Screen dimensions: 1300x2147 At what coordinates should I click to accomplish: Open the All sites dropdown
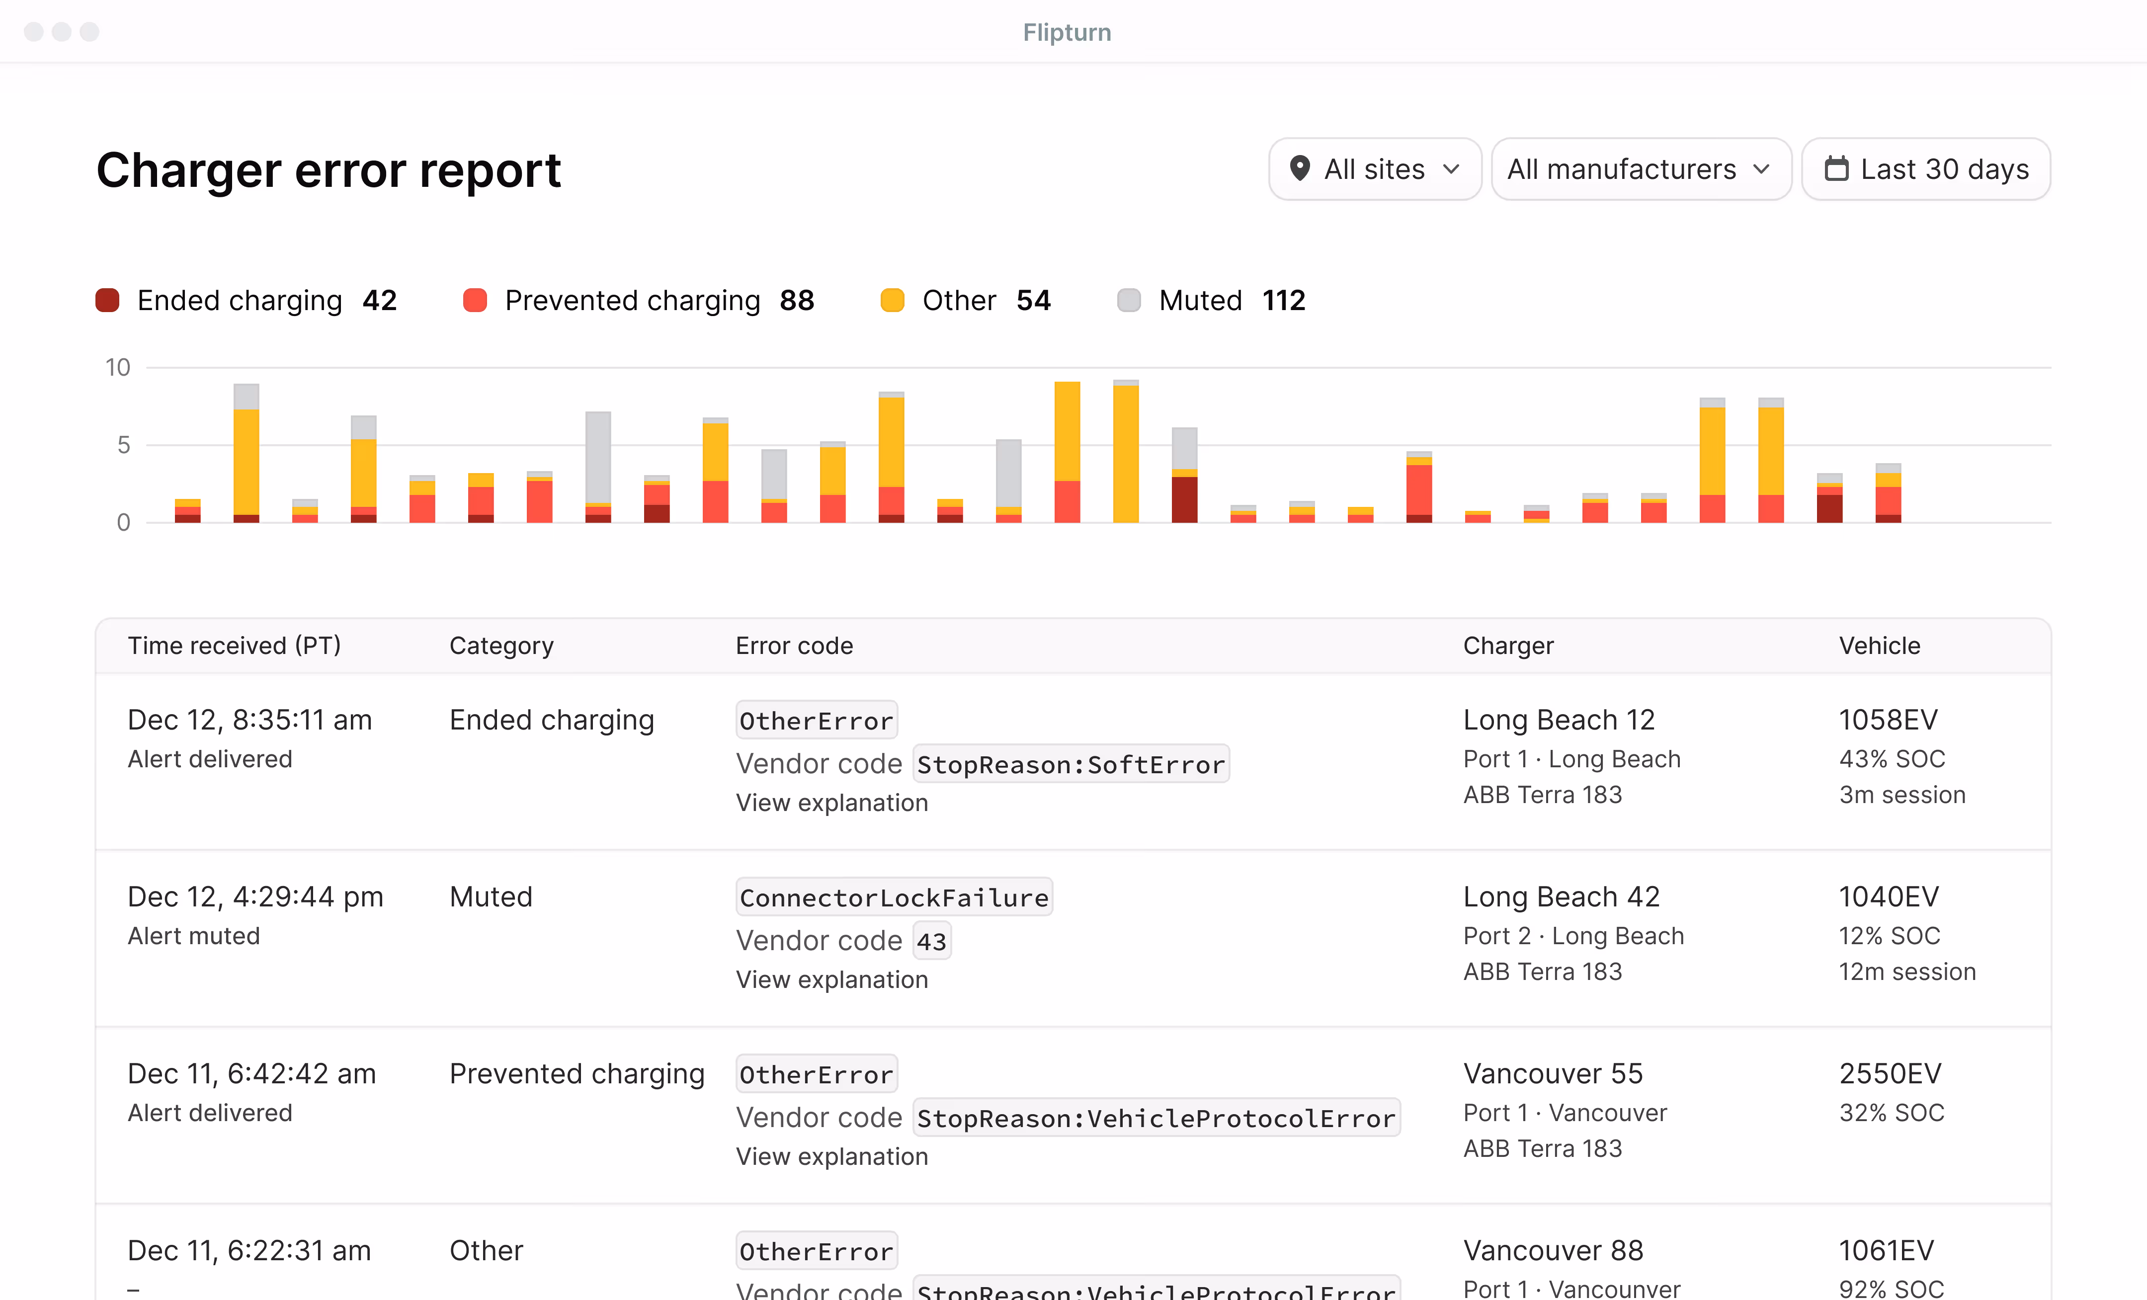[x=1374, y=169]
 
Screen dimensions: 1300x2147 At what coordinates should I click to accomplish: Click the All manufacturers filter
[x=1640, y=169]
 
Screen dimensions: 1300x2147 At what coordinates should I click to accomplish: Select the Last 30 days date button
[x=1926, y=169]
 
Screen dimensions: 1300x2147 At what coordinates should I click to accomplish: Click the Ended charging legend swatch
[x=107, y=301]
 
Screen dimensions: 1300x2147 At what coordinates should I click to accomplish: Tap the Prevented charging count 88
[x=796, y=301]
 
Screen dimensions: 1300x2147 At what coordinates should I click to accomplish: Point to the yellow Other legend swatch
[x=892, y=301]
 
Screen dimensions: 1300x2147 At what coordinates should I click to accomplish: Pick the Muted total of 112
[x=1284, y=301]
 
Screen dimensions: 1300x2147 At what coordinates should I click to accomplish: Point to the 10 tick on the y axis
[x=118, y=368]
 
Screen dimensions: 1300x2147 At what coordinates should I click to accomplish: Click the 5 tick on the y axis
[x=124, y=445]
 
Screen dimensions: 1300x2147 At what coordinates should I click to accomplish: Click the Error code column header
[x=794, y=646]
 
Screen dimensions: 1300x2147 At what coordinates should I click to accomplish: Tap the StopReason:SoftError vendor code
[x=1071, y=764]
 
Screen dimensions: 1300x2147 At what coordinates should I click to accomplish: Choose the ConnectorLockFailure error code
[x=894, y=897]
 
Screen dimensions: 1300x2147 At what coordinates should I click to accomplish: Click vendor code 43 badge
[x=931, y=941]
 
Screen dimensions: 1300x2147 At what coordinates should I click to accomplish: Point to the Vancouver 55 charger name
[x=1553, y=1073]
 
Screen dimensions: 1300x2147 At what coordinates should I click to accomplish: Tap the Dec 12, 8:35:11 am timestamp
[x=250, y=720]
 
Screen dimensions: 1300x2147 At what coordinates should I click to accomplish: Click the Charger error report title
[x=329, y=170]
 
